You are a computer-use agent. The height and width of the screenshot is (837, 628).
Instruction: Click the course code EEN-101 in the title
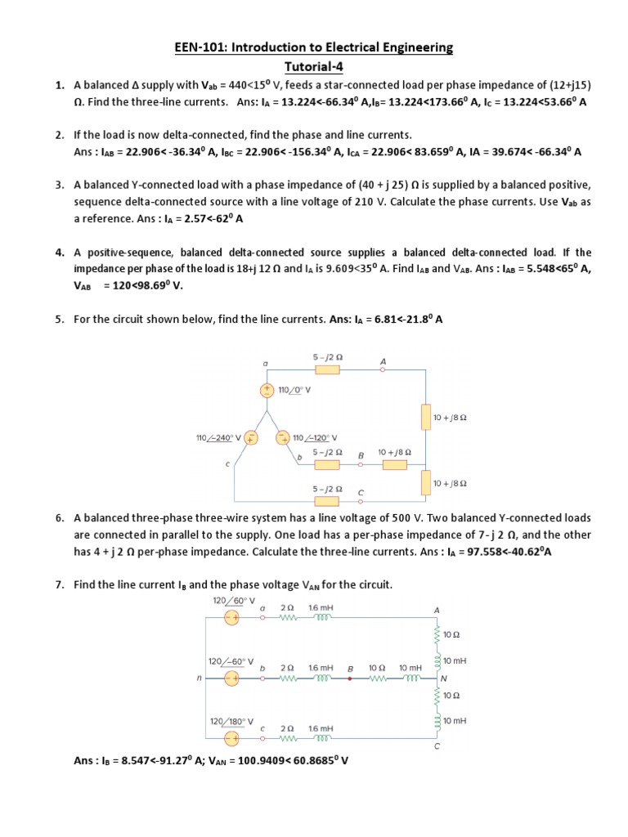[199, 47]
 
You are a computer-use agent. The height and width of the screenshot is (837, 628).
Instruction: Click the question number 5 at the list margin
[60, 320]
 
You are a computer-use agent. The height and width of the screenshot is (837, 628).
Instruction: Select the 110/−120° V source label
[315, 438]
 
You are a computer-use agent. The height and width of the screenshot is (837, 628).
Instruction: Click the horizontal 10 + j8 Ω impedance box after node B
[394, 464]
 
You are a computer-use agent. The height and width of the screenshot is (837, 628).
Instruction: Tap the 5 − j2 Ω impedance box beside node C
[327, 499]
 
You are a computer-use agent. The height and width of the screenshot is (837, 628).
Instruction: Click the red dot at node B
[350, 678]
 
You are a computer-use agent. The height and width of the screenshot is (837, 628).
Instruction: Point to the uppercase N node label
[443, 678]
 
